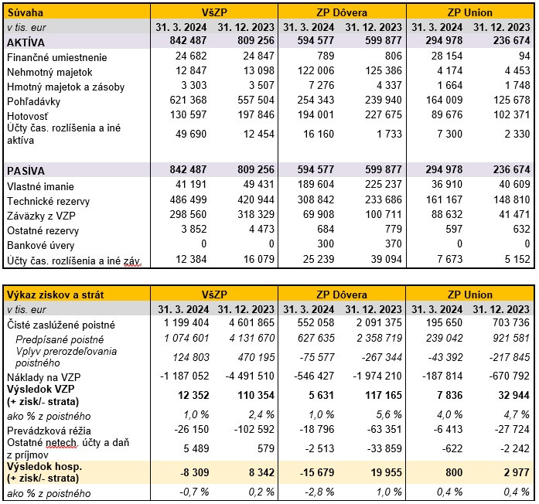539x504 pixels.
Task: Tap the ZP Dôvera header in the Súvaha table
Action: click(342, 13)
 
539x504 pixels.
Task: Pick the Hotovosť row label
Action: click(29, 115)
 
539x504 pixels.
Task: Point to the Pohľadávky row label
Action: click(33, 101)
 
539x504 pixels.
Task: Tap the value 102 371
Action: click(510, 115)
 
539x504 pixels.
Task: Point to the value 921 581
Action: click(510, 339)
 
